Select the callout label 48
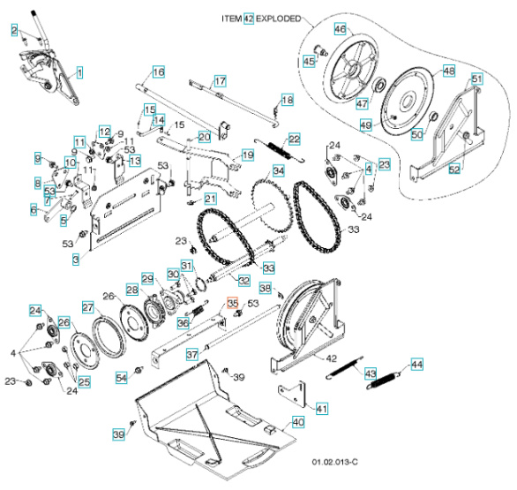coord(448,71)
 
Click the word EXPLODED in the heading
coord(278,18)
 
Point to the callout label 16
coord(158,72)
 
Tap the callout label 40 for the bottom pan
coord(298,422)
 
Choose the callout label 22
coord(294,139)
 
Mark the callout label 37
coord(191,355)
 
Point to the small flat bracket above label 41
coord(297,390)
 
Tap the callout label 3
coord(76,260)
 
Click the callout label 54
coord(122,378)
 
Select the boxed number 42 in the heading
coord(249,18)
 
